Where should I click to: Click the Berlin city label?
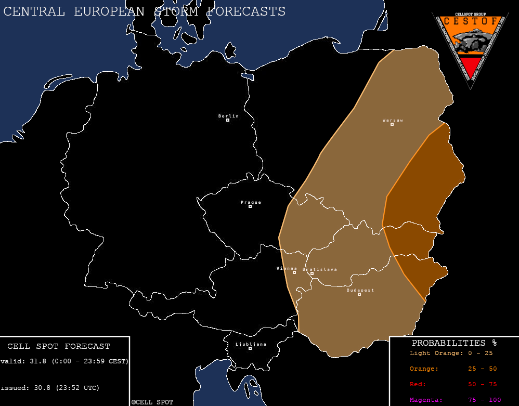pyautogui.click(x=228, y=116)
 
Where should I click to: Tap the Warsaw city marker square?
pyautogui.click(x=392, y=124)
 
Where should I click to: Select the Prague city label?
pyautogui.click(x=251, y=202)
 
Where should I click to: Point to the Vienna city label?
pyautogui.click(x=287, y=268)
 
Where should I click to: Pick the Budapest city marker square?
pyautogui.click(x=359, y=294)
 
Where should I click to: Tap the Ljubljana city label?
pyautogui.click(x=251, y=344)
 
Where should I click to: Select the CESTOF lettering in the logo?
pyautogui.click(x=470, y=21)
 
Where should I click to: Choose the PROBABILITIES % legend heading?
pyautogui.click(x=453, y=343)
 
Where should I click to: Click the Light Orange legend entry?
pyautogui.click(x=436, y=353)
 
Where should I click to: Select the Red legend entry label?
pyautogui.click(x=418, y=384)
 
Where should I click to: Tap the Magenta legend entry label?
pyautogui.click(x=426, y=400)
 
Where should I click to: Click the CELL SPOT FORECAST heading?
pyautogui.click(x=59, y=346)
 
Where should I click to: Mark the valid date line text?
pyautogui.click(x=64, y=361)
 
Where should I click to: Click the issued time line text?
pyautogui.click(x=50, y=388)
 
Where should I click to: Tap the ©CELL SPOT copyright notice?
pyautogui.click(x=152, y=402)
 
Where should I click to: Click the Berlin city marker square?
pyautogui.click(x=228, y=120)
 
